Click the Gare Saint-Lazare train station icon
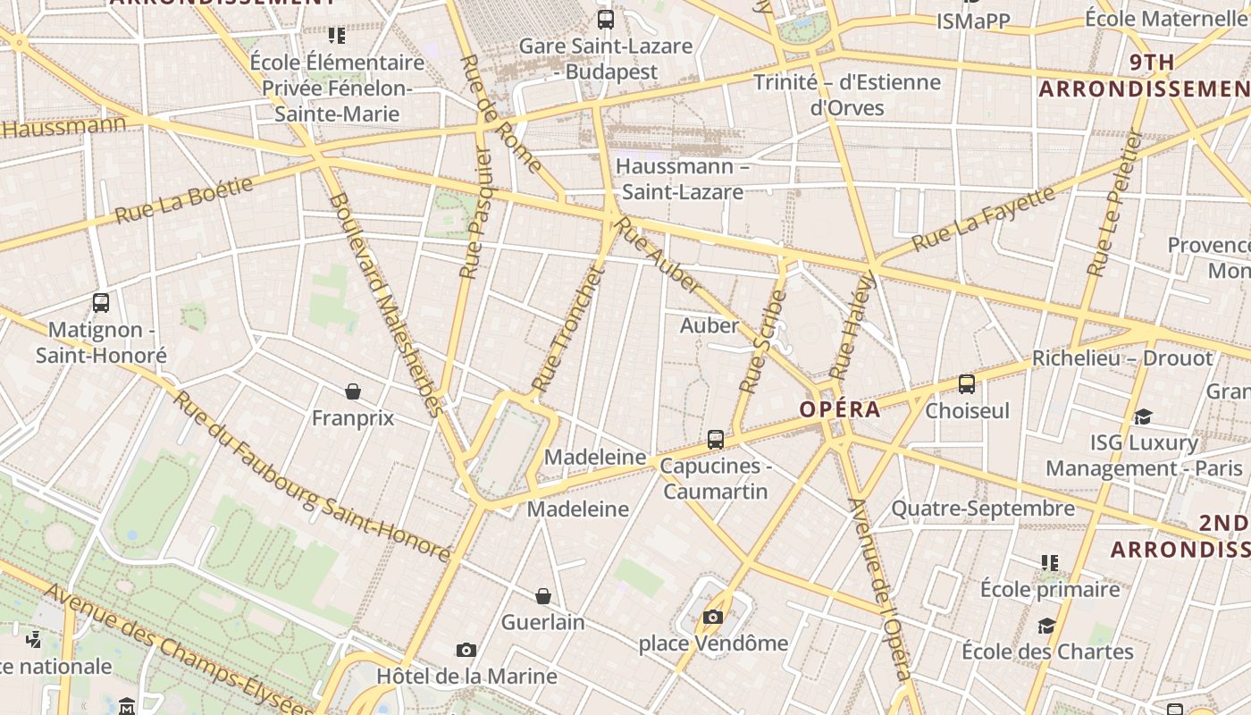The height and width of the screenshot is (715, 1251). click(x=606, y=19)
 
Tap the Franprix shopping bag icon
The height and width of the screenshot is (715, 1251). click(x=353, y=391)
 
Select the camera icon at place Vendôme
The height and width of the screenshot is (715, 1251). click(x=712, y=617)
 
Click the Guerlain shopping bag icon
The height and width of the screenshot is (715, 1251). click(x=542, y=596)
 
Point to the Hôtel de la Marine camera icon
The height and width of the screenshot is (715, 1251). click(x=466, y=650)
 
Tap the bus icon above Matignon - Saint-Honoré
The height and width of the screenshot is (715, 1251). click(x=101, y=303)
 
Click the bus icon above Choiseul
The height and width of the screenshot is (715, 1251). click(x=966, y=384)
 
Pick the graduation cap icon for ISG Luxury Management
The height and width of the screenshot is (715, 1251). click(x=1143, y=416)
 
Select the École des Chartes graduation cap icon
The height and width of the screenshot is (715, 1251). click(x=1046, y=625)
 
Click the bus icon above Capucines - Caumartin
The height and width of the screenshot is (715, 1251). click(x=715, y=439)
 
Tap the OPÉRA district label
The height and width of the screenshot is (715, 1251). click(x=840, y=409)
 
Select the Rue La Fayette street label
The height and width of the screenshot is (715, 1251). click(x=982, y=217)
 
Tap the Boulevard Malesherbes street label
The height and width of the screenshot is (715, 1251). click(x=385, y=305)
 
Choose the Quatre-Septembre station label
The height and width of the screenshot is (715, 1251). click(x=983, y=509)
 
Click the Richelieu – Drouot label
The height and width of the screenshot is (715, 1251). click(x=1122, y=358)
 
